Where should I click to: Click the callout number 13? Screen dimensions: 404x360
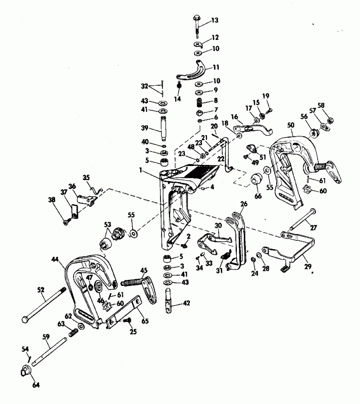click(x=215, y=21)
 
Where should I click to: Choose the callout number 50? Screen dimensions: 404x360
click(x=291, y=125)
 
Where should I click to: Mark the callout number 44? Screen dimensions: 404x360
click(x=56, y=260)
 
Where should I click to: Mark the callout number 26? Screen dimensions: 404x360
click(x=244, y=204)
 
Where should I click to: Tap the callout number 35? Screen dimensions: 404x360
click(x=86, y=177)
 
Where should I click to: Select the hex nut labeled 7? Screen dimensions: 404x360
click(x=199, y=110)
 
